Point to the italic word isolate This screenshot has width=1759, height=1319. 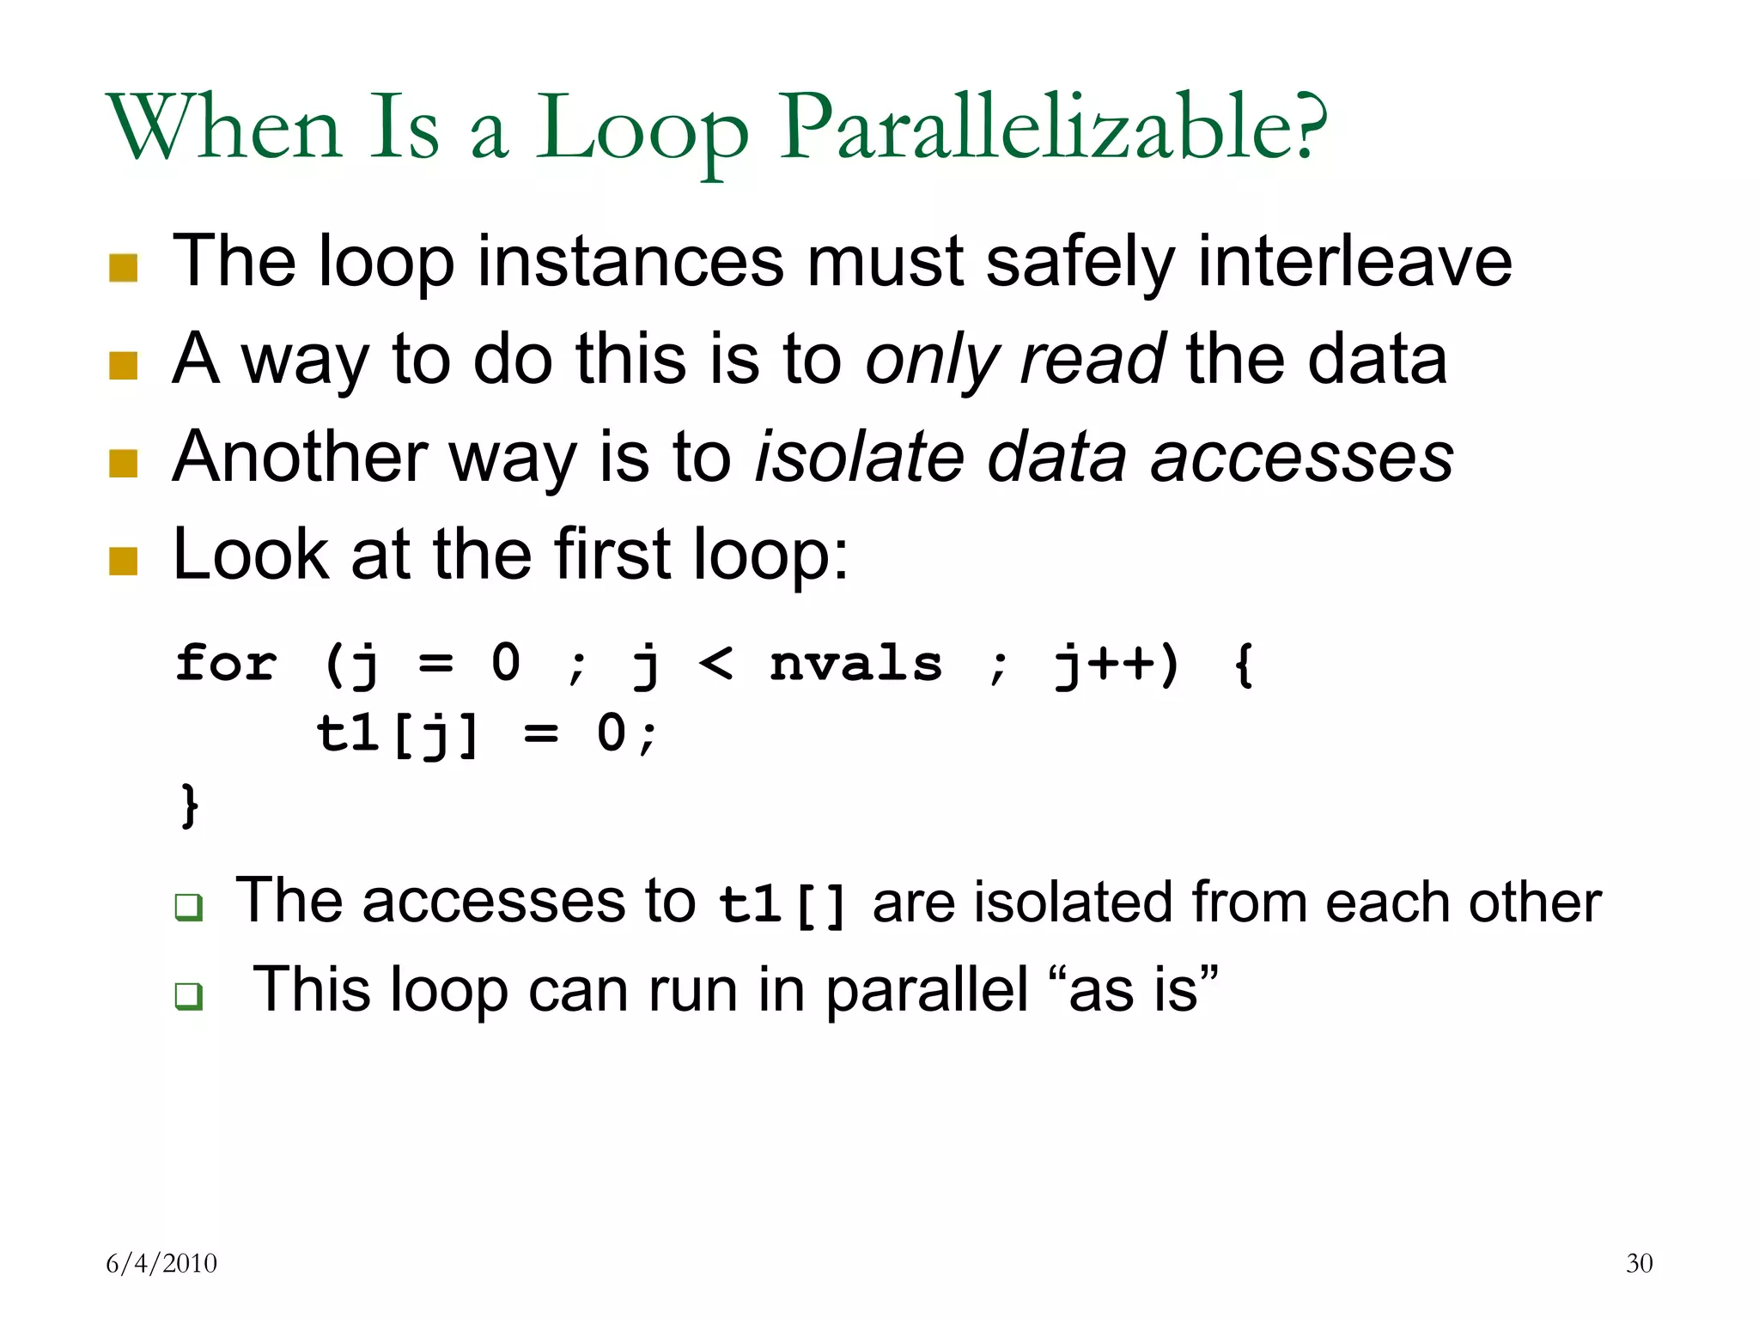pos(860,457)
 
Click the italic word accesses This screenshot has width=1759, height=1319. pos(1301,457)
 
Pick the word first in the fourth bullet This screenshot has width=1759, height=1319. pos(612,554)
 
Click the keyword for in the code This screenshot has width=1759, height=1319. pos(226,664)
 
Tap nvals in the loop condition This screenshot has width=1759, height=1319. pos(855,664)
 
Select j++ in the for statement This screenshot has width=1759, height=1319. pos(1105,664)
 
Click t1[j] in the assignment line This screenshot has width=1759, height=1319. pos(397,735)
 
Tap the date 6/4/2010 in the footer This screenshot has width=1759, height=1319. pos(161,1263)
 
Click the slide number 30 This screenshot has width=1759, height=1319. pos(1639,1263)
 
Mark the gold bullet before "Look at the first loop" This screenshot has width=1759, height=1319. pos(124,561)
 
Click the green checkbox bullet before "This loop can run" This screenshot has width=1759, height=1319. pos(188,996)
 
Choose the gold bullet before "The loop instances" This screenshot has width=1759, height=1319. pos(124,268)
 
